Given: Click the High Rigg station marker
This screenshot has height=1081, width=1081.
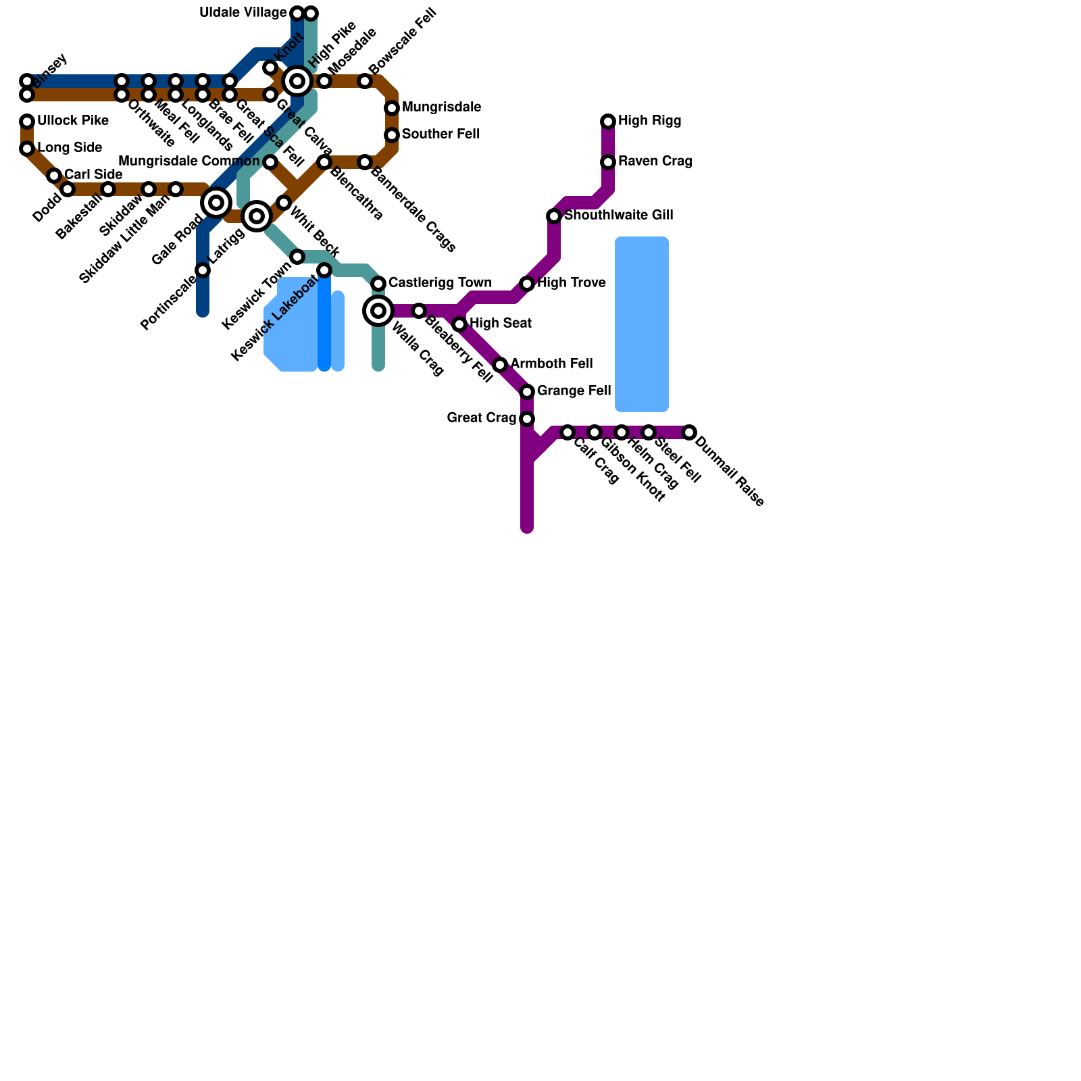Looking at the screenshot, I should point(608,122).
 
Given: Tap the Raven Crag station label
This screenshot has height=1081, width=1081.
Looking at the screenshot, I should point(655,161).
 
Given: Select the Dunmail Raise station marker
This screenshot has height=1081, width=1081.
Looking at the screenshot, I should point(689,432).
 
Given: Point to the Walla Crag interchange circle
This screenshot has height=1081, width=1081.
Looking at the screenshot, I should point(378,311).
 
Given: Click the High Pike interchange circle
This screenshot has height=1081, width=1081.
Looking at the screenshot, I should point(297,81).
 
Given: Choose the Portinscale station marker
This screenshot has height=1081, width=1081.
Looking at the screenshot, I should point(203,271).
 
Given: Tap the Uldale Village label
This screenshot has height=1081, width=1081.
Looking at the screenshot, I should point(243,13).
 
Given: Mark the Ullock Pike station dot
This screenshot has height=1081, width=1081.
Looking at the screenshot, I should point(27,122).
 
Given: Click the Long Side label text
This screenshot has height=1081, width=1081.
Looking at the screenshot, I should point(70,148).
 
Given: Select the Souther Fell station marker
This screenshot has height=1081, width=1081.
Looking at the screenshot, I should point(392,135).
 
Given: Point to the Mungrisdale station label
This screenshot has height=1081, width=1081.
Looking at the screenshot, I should point(441,107).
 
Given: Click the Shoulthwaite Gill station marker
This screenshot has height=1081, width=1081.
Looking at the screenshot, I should point(554,216).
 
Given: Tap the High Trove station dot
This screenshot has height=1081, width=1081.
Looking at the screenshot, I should point(527,284).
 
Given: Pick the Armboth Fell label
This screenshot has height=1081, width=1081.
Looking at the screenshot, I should point(551,364).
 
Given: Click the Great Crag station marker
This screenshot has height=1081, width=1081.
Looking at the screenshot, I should point(527,419).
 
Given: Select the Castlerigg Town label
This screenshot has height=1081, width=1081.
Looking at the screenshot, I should point(440,282).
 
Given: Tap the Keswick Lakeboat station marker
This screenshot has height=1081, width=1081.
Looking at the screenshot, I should point(324,271).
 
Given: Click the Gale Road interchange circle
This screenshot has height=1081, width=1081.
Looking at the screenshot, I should point(216,202).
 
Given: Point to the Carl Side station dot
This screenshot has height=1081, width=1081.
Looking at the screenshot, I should point(54,176).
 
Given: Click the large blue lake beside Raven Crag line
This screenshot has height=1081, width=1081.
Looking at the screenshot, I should point(641,324).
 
